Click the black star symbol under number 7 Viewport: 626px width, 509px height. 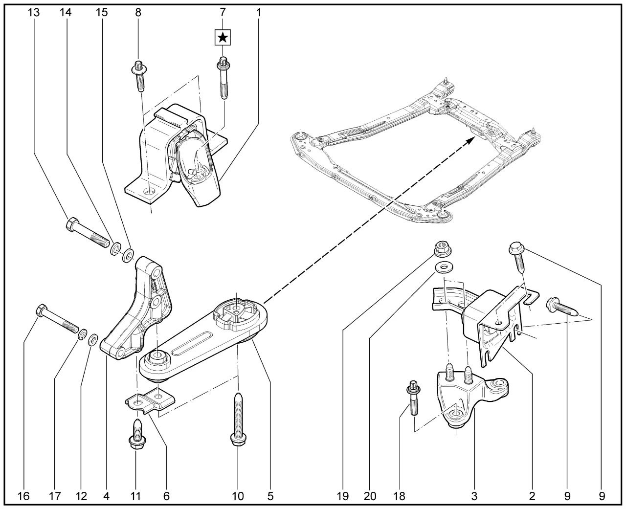(223, 37)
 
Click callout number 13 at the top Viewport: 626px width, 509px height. (34, 13)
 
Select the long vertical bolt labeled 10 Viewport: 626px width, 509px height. (238, 418)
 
